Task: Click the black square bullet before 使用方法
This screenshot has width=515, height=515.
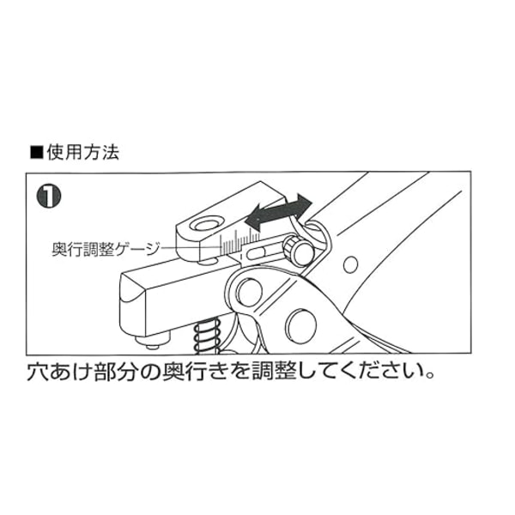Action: [37, 153]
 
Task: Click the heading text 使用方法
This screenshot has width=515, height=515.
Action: [82, 153]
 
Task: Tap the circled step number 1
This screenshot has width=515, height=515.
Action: [49, 196]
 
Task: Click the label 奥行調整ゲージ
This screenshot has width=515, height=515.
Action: [106, 249]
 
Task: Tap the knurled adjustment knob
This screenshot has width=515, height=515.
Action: [298, 251]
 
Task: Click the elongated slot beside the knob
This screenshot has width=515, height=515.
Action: [256, 253]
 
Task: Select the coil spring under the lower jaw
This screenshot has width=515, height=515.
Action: [207, 336]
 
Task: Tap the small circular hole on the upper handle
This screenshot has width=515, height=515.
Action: [350, 264]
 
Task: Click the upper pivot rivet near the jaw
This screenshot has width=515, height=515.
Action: [250, 292]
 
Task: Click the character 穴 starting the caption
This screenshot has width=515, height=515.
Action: [38, 373]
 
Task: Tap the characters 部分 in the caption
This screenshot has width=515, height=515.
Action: [115, 373]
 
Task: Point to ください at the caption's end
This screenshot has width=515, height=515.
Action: [379, 373]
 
